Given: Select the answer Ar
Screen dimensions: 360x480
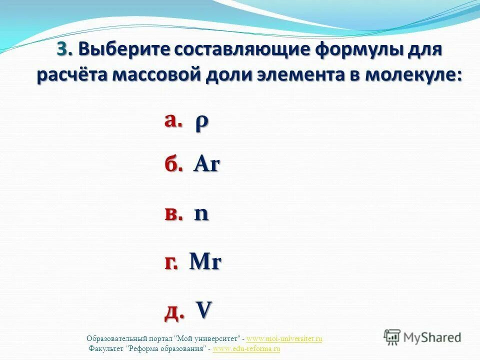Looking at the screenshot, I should click(x=206, y=164).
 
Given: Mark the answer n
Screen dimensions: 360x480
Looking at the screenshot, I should click(x=201, y=214).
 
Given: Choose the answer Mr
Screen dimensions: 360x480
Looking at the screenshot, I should click(x=205, y=262).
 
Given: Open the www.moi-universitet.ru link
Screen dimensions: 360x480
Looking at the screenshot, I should click(x=284, y=339).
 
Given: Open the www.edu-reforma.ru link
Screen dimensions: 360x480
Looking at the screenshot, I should click(x=246, y=348).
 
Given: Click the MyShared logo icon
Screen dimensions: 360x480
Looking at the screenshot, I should click(x=392, y=337).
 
